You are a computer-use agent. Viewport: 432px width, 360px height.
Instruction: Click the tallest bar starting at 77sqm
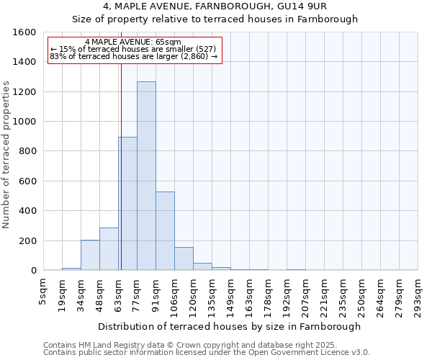(146, 176)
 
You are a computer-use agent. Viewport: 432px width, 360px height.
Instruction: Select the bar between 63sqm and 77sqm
(127, 203)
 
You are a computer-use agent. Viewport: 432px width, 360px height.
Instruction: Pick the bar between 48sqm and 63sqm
(109, 248)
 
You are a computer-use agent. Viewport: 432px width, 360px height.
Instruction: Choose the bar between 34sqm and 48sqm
(90, 255)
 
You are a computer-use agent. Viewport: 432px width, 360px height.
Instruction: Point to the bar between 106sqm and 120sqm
(184, 258)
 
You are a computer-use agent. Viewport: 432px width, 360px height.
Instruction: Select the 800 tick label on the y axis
(28, 151)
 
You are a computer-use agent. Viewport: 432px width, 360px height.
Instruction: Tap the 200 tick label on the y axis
(28, 240)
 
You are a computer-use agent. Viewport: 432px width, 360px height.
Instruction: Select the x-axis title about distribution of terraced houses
(230, 326)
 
